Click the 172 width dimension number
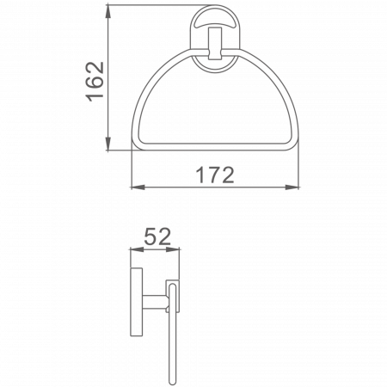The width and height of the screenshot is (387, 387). click(214, 175)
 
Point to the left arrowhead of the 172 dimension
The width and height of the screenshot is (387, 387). click(133, 187)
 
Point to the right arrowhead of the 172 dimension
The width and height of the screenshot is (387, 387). click(298, 187)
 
